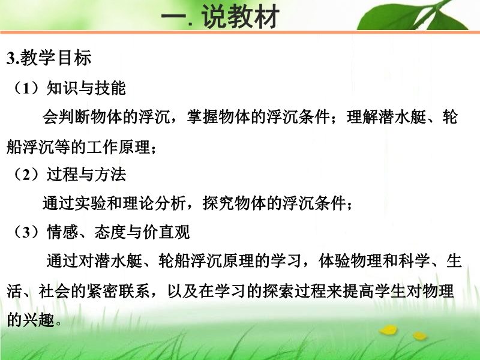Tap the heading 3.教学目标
(x=49, y=58)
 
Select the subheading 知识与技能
(x=86, y=88)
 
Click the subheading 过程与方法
(x=86, y=175)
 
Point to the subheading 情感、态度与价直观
(x=118, y=232)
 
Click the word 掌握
(x=202, y=117)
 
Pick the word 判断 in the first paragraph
(x=74, y=117)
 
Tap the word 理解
(x=362, y=117)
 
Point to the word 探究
(x=218, y=203)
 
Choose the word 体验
(x=334, y=261)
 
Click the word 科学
(x=414, y=261)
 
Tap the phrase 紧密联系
(x=118, y=290)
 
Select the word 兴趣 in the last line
(x=38, y=320)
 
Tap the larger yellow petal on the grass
(x=389, y=329)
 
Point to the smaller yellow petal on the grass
(x=419, y=335)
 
